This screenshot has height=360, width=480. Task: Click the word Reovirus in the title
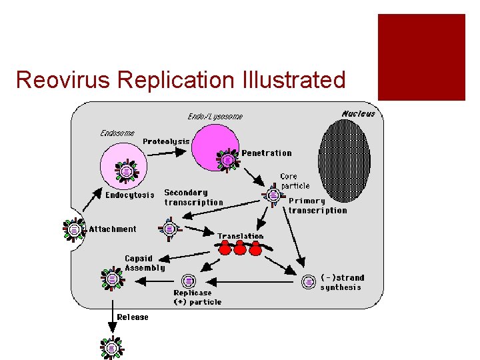(63, 80)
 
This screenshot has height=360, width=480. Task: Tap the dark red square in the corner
(421, 57)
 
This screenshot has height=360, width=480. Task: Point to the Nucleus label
(359, 113)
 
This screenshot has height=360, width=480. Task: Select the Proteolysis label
(166, 141)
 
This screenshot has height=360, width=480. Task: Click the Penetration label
(267, 153)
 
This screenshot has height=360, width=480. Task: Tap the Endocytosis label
(130, 195)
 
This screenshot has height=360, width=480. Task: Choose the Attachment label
(113, 229)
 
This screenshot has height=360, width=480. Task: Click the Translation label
(240, 236)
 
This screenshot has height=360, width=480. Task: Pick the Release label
(133, 317)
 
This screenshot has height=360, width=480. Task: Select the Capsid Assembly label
(145, 263)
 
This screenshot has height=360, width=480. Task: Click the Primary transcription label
(317, 205)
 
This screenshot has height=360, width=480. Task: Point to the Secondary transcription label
(193, 197)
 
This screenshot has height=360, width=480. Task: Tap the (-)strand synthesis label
(342, 283)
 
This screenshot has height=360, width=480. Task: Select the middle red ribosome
(240, 249)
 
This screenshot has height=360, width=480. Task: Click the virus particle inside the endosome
(125, 172)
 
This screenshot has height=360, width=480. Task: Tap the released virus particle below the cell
(112, 347)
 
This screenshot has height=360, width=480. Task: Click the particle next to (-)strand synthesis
(309, 281)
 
